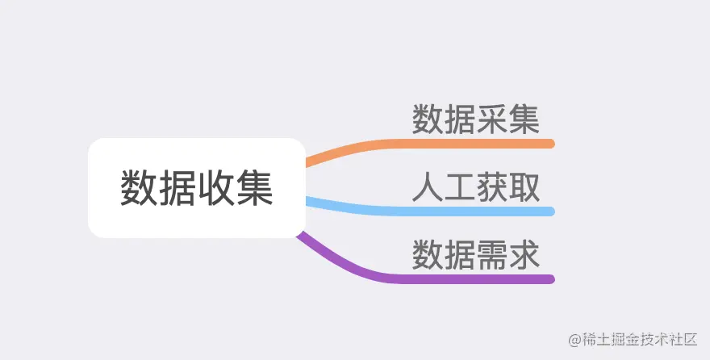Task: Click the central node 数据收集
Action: [196, 188]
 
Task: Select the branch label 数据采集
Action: [475, 120]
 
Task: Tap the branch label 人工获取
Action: [475, 188]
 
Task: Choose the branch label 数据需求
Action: [475, 256]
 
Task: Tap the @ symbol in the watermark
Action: [574, 339]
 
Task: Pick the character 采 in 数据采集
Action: [491, 120]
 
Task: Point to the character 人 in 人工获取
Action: [428, 188]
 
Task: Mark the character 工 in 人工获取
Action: [459, 188]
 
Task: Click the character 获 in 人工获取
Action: [491, 188]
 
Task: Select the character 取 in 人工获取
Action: [524, 188]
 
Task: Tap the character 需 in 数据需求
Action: [491, 256]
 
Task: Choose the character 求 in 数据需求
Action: [524, 256]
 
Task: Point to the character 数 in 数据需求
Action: [428, 256]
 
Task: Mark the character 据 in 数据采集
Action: [459, 120]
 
